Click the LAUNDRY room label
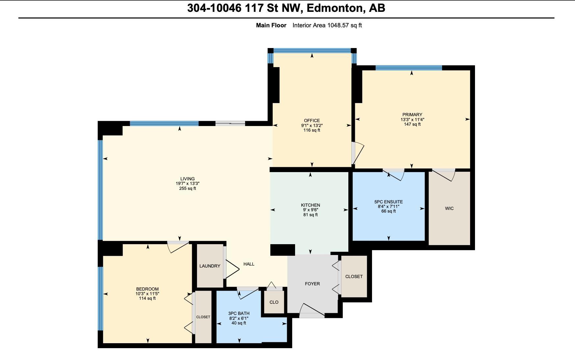tap(210, 266)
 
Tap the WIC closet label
tap(449, 208)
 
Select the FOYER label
tap(312, 284)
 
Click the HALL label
tap(249, 264)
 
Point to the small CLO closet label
tap(274, 302)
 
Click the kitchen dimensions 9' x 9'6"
tap(311, 210)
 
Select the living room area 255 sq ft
tap(187, 189)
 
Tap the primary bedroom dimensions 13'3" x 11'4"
tap(412, 120)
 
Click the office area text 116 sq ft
tap(312, 130)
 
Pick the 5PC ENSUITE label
tap(388, 202)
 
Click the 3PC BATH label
tap(239, 314)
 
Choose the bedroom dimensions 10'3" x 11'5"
tap(147, 294)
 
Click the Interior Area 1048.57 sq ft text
tap(327, 25)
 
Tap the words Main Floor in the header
tap(271, 25)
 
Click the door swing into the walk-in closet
tap(444, 175)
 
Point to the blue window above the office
tap(312, 51)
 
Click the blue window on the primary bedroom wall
tap(409, 68)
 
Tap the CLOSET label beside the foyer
tap(354, 276)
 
